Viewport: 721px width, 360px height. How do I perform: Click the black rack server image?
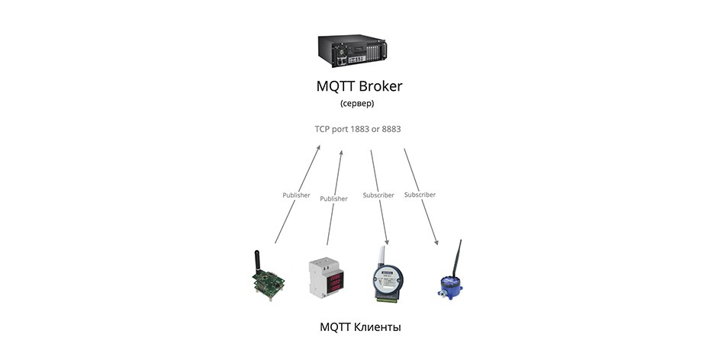coord(352,50)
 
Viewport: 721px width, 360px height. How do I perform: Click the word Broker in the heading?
coord(380,86)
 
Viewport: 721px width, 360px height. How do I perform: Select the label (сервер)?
coord(357,104)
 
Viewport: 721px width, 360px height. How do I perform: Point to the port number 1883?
coord(359,129)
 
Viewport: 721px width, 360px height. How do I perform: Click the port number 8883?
coord(391,129)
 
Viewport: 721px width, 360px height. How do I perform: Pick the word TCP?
coord(322,129)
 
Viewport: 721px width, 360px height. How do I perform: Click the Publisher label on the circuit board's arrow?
coord(296,195)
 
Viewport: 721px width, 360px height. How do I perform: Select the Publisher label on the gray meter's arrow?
coord(334,198)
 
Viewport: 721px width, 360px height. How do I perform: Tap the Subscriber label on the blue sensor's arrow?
coord(420,194)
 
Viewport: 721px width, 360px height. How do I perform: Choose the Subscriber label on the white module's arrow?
coord(378,195)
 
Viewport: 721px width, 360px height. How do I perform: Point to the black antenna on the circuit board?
coord(258,261)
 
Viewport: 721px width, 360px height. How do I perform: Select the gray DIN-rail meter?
coord(326,277)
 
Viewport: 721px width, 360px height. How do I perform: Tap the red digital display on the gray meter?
coord(335,281)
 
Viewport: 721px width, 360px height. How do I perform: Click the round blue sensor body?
coord(450,287)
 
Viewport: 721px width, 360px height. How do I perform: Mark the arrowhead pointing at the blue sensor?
coord(436,243)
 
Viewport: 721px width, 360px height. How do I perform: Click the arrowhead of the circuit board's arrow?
coord(317,148)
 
